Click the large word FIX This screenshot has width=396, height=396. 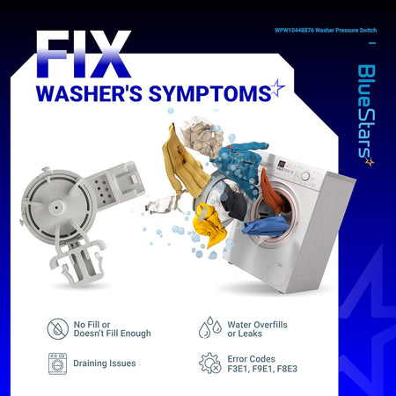click(84, 55)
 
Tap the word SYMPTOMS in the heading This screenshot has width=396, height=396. click(209, 94)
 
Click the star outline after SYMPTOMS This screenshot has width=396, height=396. click(277, 87)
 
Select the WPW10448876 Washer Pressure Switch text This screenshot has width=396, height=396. click(326, 30)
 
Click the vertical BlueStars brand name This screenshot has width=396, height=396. click(366, 114)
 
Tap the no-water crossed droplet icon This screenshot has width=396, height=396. click(58, 329)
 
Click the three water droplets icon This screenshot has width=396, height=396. click(210, 327)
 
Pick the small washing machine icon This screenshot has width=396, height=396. click(57, 363)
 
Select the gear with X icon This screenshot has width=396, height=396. click(210, 363)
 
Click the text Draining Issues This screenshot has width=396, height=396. click(105, 363)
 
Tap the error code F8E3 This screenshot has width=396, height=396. click(287, 369)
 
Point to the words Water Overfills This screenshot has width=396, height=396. click(257, 325)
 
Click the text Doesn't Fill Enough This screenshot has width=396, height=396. click(113, 334)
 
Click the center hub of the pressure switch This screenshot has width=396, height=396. click(56, 208)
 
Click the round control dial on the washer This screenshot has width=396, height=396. click(305, 176)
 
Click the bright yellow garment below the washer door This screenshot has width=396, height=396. click(210, 224)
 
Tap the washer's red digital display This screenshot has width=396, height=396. click(282, 165)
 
